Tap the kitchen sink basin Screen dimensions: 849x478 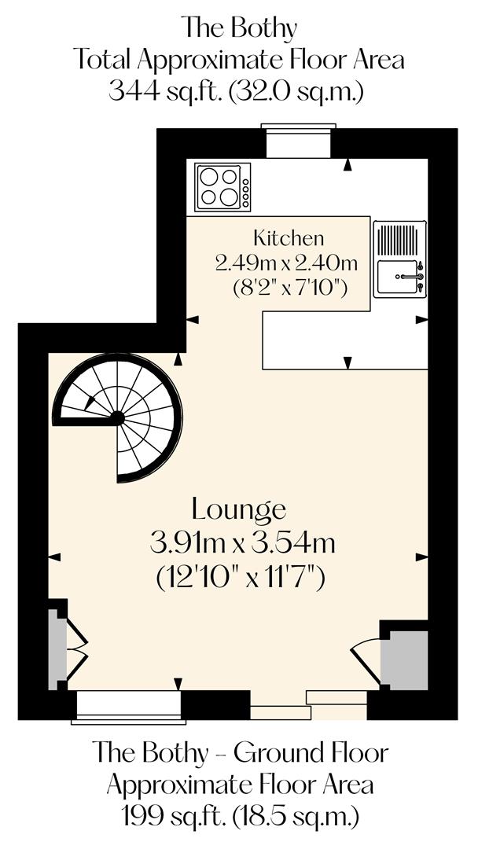(397, 279)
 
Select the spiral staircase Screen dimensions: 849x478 (118, 417)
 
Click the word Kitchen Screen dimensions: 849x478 (289, 237)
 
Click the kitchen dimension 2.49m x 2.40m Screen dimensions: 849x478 (287, 263)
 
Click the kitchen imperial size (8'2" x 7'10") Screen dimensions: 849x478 (290, 288)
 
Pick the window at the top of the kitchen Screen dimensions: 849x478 (298, 142)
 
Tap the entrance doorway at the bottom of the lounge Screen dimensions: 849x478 (308, 704)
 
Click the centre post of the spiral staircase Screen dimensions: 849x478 (117, 417)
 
